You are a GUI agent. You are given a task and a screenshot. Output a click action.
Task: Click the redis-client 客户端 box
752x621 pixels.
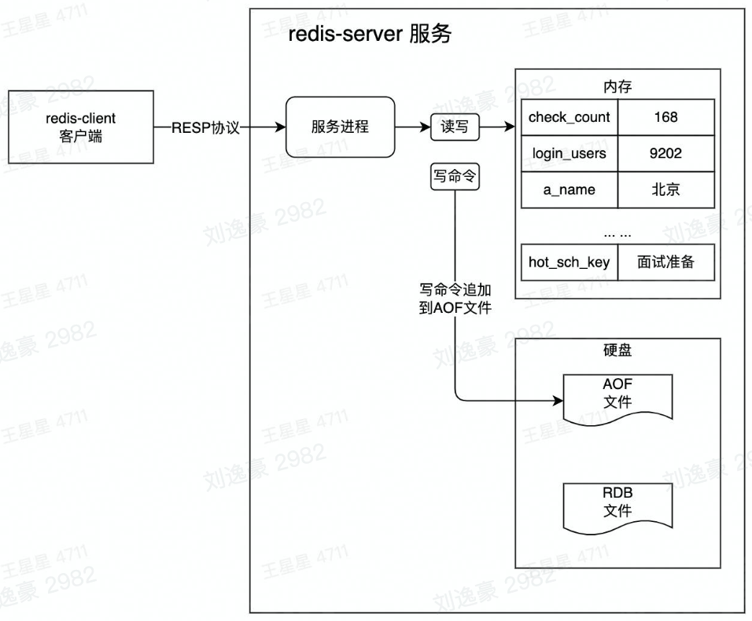(81, 127)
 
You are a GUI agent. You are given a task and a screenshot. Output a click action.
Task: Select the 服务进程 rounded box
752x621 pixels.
(340, 127)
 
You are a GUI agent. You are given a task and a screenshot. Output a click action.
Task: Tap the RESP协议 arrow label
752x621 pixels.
(207, 127)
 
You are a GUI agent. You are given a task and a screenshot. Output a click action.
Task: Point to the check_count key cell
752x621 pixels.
(569, 117)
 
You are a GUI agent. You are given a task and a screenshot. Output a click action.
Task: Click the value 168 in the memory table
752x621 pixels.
(665, 117)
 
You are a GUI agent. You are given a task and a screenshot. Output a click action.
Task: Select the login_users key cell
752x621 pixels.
(569, 153)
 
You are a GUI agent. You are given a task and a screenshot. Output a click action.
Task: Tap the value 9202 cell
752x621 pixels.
(665, 153)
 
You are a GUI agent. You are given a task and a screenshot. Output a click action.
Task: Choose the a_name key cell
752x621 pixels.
(569, 189)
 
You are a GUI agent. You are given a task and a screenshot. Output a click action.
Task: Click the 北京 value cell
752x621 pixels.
(665, 189)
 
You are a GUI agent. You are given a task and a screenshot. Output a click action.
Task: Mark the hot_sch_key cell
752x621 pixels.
(569, 263)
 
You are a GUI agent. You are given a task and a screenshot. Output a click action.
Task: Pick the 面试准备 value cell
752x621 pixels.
(665, 263)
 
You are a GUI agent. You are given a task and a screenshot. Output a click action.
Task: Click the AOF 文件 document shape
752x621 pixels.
(617, 396)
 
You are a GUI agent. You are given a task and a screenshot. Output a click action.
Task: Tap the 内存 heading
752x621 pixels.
(617, 86)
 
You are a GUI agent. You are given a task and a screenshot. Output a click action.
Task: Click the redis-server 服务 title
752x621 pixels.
(370, 35)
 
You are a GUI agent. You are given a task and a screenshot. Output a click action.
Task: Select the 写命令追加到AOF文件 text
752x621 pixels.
(455, 299)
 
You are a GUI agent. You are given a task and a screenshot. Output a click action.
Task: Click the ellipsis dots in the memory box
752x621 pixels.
(617, 233)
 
